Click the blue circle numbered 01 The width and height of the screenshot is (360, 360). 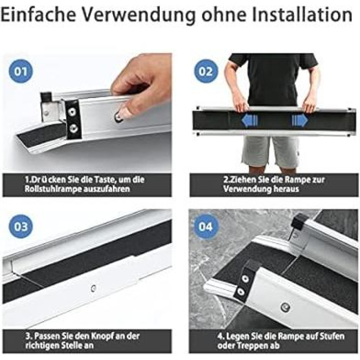tap(21, 71)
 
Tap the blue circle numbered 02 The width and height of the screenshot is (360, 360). tap(206, 71)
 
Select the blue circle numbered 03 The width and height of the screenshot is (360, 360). tap(21, 227)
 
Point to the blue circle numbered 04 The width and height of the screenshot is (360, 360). tap(206, 227)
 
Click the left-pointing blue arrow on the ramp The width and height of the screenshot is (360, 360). tap(250, 120)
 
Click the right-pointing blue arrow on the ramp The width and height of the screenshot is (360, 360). tap(300, 120)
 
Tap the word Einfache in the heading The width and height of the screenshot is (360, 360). tap(38, 15)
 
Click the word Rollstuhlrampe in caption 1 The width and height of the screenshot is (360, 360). tap(50, 189)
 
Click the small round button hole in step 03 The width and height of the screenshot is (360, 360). tap(93, 288)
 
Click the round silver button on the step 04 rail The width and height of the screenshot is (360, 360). tap(285, 307)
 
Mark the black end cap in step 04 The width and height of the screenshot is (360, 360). tap(299, 221)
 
